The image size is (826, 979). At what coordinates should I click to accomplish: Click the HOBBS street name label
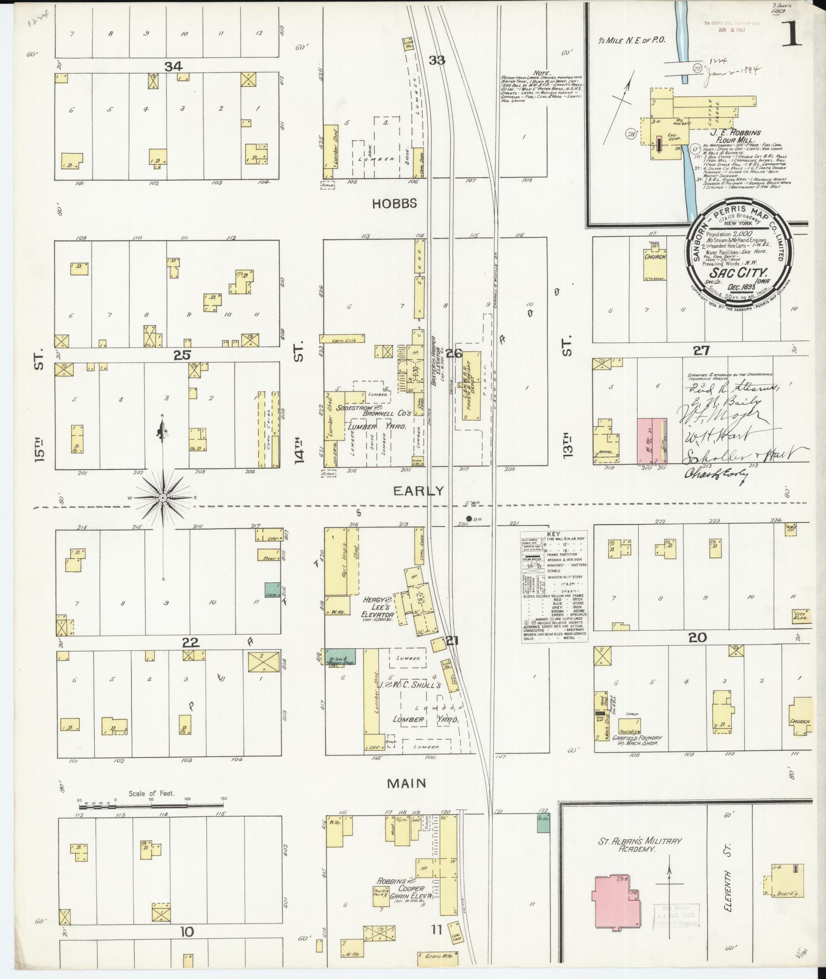(394, 203)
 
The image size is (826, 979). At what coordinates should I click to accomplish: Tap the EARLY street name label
(418, 491)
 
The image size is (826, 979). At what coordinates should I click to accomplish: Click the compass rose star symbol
(163, 497)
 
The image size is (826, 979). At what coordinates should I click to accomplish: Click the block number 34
(174, 66)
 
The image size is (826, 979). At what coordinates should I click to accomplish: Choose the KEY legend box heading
(554, 533)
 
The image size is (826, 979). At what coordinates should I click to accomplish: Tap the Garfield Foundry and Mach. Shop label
(640, 742)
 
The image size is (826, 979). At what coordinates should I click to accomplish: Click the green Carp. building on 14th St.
(271, 590)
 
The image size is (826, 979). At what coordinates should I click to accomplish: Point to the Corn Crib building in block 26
(342, 338)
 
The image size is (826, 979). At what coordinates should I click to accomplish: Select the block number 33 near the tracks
(436, 60)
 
